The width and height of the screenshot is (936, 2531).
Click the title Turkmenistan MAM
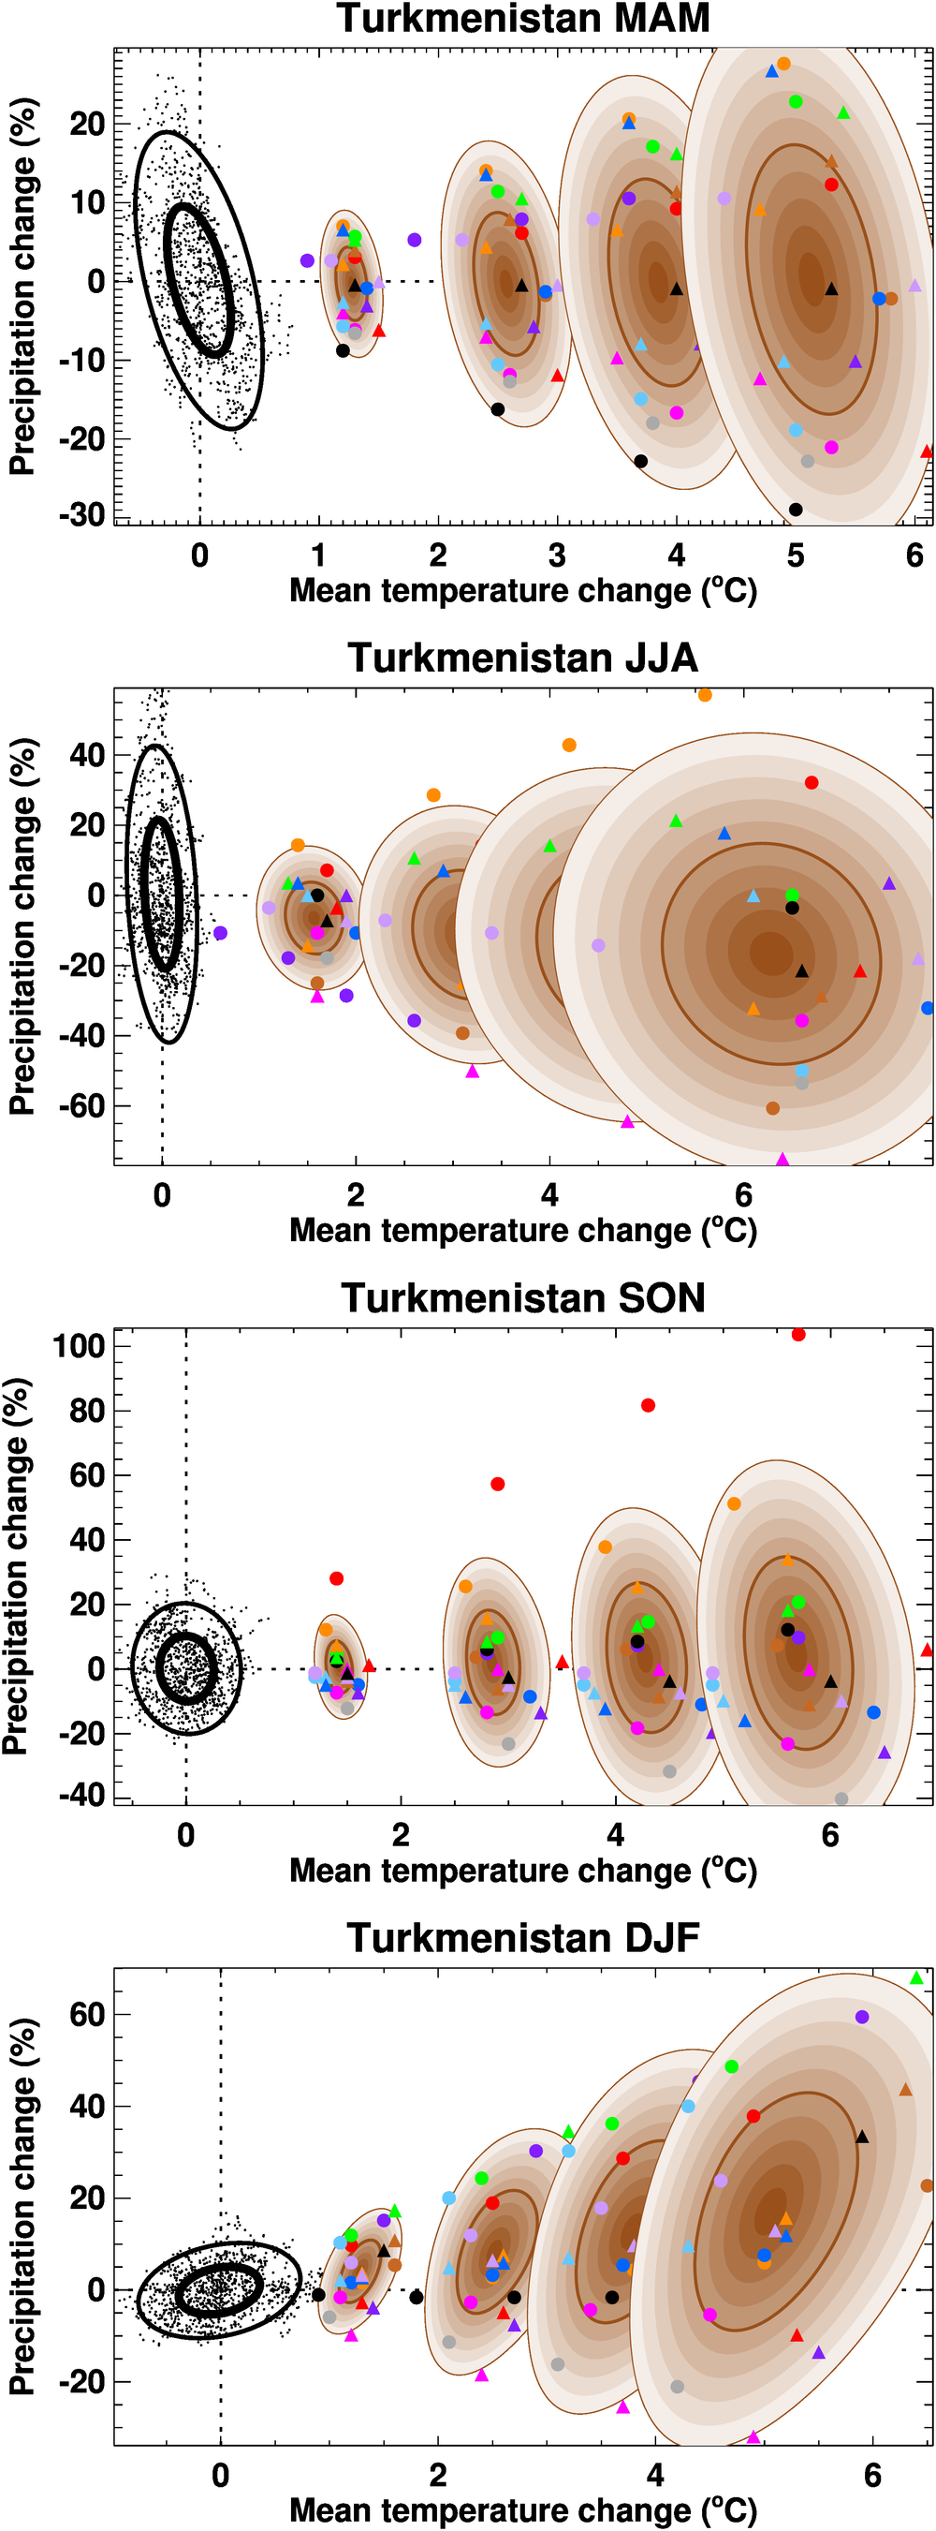[522, 19]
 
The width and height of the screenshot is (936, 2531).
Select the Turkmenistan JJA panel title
[522, 658]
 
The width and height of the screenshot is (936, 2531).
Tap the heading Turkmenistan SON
[522, 1298]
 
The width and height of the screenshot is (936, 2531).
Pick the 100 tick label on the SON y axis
[79, 1345]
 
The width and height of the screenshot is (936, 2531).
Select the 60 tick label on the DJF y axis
[86, 2014]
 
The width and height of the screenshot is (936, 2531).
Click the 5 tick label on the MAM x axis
[796, 555]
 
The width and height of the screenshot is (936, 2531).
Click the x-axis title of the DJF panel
[522, 2510]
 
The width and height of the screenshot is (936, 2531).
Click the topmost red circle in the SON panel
[798, 1334]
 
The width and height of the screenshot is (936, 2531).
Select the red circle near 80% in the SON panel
[649, 1405]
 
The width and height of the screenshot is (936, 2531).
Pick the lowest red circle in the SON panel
[337, 1578]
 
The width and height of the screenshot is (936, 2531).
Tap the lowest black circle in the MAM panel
[796, 509]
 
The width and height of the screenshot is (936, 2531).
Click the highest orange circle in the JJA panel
[705, 695]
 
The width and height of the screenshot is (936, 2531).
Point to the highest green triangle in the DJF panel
[916, 1977]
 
